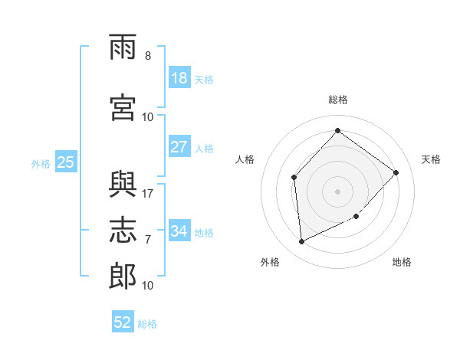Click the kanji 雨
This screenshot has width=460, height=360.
[123, 47]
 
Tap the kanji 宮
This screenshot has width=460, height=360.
[123, 107]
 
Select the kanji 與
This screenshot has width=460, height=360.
[123, 185]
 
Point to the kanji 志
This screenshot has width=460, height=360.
[123, 230]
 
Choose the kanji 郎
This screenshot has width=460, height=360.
[123, 277]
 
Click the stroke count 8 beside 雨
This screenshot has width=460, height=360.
[148, 56]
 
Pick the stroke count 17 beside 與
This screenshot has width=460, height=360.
[147, 194]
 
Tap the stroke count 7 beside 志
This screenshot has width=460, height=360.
[148, 240]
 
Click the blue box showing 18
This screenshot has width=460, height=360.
[179, 77]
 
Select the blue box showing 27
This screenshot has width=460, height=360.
[179, 146]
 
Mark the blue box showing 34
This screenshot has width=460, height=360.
[179, 230]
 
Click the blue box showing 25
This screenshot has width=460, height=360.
[66, 162]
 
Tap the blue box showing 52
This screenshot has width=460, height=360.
[123, 321]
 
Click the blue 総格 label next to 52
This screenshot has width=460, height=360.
[147, 324]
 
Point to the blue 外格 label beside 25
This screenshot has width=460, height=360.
[41, 164]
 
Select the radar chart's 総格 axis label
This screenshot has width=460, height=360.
[338, 100]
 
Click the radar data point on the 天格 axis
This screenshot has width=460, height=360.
[396, 172]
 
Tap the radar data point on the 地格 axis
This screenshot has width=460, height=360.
[356, 216]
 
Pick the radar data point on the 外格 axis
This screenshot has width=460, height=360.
[301, 241]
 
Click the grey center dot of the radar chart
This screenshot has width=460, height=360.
[337, 191]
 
